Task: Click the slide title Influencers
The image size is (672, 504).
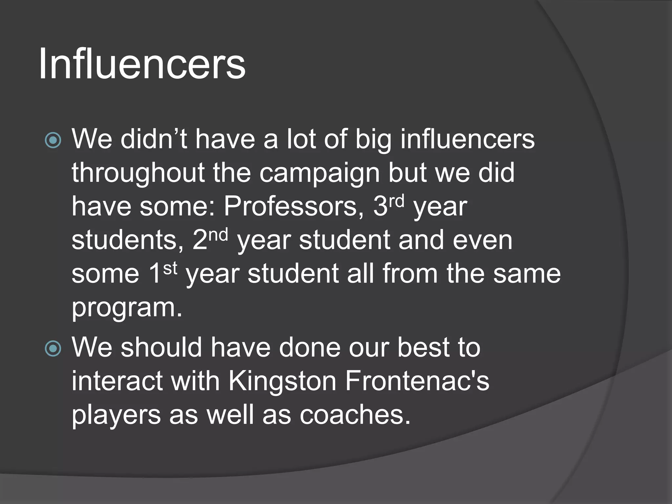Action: click(142, 64)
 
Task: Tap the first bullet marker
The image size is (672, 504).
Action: click(53, 140)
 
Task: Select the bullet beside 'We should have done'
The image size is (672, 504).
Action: click(53, 348)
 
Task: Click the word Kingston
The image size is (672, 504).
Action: click(283, 381)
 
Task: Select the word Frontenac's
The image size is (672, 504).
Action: click(417, 381)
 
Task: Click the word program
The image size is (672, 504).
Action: click(127, 308)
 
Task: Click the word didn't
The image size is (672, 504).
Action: click(154, 139)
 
